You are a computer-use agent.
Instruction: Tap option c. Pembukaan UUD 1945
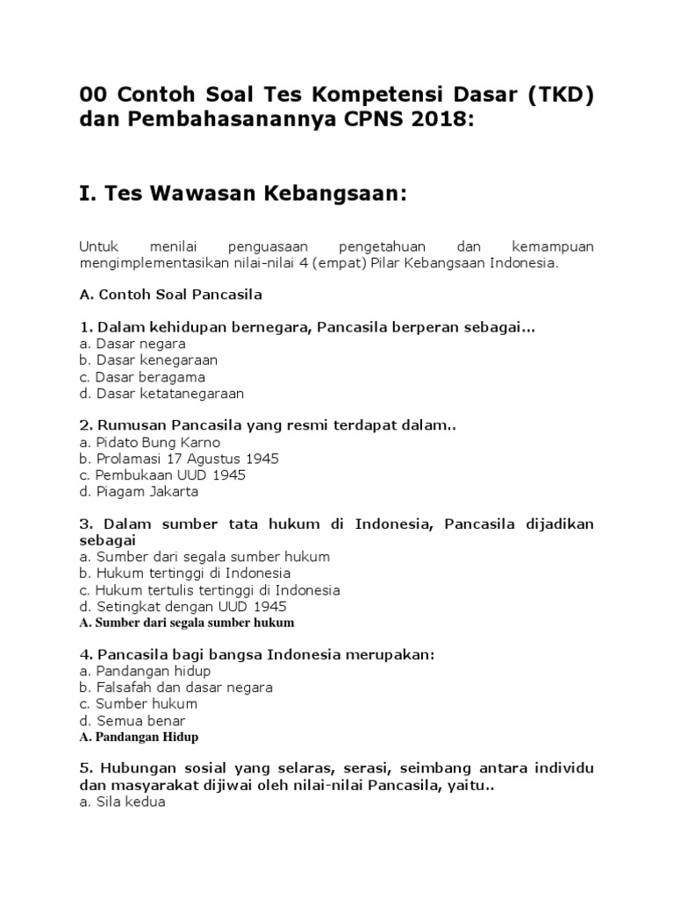[162, 475]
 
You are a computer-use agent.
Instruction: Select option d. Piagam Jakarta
[139, 492]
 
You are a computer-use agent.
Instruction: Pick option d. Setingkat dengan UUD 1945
[183, 607]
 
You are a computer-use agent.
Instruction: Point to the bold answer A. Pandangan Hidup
[139, 737]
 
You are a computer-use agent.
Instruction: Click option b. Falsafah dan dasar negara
[176, 688]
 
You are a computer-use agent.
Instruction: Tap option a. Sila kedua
[122, 802]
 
